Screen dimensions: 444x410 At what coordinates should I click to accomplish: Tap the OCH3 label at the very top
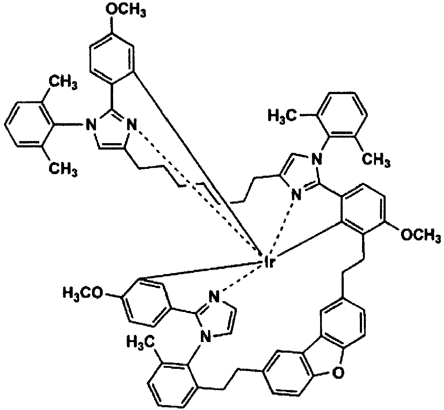(x=126, y=10)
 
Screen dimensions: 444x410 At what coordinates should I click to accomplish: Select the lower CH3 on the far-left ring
(x=63, y=169)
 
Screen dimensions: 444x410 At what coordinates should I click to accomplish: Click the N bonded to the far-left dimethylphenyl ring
(x=91, y=125)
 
